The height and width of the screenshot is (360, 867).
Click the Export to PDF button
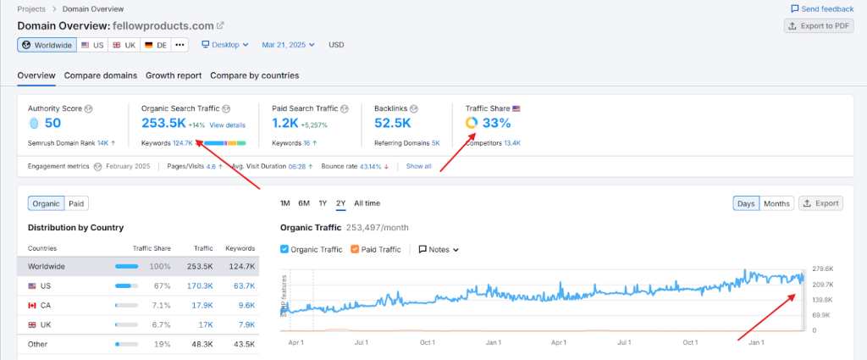pos(817,25)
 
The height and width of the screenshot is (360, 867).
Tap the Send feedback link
pos(822,8)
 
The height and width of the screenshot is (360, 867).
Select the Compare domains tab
pos(100,75)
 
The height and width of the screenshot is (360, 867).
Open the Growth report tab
pos(174,75)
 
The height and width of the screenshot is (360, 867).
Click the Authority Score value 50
pos(52,124)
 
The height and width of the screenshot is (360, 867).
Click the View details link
pos(229,125)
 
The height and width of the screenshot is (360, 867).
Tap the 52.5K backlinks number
pos(392,124)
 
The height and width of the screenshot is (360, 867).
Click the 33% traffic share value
pos(496,124)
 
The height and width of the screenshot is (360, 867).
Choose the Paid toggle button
pos(76,203)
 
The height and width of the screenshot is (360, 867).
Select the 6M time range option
pos(304,203)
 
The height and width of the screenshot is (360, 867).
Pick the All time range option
pos(367,203)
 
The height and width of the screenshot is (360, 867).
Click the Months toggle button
pos(776,203)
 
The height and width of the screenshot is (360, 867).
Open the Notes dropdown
pos(439,250)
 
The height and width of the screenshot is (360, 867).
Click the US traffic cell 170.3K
pos(202,286)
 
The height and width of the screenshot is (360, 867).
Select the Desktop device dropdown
pos(224,45)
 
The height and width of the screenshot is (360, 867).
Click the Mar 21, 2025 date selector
pos(288,45)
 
